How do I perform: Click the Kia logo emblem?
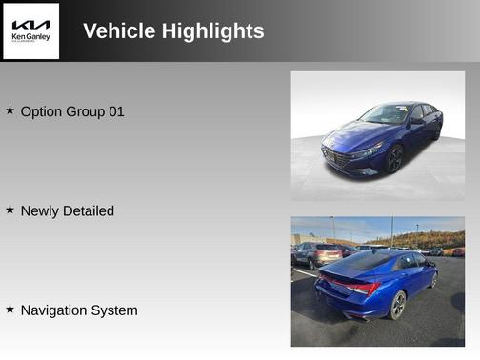pyautogui.click(x=31, y=24)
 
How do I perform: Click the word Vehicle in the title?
pyautogui.click(x=118, y=31)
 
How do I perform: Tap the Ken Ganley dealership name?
pyautogui.click(x=30, y=38)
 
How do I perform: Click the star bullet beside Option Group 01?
pyautogui.click(x=10, y=110)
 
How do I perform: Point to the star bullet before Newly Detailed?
pyautogui.click(x=10, y=210)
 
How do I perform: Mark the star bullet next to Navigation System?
pyautogui.click(x=10, y=310)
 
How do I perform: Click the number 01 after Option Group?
pyautogui.click(x=115, y=111)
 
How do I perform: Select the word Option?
pyautogui.click(x=41, y=111)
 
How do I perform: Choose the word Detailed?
pyautogui.click(x=88, y=210)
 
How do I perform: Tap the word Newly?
pyautogui.click(x=39, y=210)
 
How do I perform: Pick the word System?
pyautogui.click(x=117, y=310)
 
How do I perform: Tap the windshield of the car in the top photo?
pyautogui.click(x=385, y=115)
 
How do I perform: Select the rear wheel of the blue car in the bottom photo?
pyautogui.click(x=398, y=305)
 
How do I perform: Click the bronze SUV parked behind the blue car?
pyautogui.click(x=318, y=253)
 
